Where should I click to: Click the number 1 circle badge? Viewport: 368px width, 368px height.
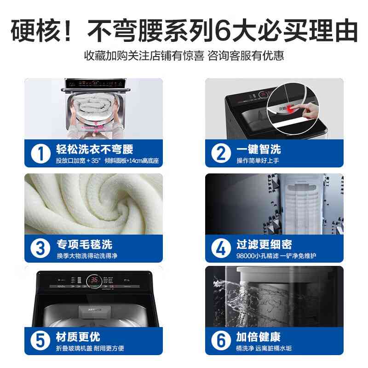pos(40,153)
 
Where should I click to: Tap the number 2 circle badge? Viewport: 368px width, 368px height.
pos(221,153)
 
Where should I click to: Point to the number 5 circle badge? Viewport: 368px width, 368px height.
pos(40,341)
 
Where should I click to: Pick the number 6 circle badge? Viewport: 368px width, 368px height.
pos(221,341)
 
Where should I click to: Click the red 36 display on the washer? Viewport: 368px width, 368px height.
pos(93,280)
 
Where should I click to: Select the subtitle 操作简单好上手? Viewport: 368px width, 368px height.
pos(258,161)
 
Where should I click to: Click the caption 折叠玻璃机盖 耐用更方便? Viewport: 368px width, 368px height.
pos(90,349)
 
